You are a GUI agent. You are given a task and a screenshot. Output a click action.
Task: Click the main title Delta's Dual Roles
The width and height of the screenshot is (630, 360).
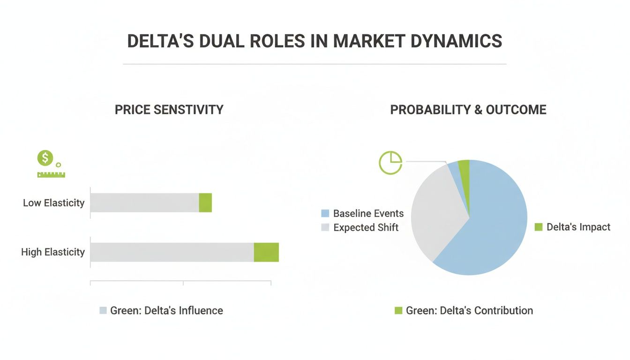[315, 41]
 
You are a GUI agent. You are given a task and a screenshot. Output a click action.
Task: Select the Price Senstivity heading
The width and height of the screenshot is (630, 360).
[169, 110]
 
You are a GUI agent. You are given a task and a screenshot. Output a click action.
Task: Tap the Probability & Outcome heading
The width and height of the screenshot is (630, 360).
[468, 110]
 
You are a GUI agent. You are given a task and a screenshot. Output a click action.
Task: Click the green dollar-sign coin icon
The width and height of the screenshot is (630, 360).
[45, 158]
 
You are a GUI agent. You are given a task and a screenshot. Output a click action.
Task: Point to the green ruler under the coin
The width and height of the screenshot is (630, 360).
[51, 175]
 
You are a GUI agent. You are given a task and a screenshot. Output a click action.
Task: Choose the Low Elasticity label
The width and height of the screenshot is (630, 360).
[53, 203]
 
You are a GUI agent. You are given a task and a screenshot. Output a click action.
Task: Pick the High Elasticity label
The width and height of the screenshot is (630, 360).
[52, 252]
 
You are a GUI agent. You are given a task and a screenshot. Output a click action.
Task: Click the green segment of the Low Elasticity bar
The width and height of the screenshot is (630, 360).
[205, 202]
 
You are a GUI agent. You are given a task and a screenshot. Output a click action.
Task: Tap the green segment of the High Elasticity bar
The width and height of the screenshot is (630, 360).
[266, 252]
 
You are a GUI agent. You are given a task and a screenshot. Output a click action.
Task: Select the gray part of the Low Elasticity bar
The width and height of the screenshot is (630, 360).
[144, 202]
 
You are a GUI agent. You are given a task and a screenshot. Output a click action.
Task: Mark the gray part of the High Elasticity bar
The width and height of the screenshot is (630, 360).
[172, 252]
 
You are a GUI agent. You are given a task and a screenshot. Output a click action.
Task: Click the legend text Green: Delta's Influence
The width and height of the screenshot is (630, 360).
[166, 310]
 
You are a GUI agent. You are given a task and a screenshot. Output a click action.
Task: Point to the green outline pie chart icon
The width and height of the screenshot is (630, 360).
[390, 163]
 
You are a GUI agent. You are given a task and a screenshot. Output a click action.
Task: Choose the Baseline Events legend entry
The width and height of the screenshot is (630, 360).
[368, 213]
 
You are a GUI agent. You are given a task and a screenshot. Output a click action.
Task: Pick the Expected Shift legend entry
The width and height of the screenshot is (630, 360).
[366, 228]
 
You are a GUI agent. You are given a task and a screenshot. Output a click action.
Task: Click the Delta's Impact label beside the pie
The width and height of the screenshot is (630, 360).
[578, 227]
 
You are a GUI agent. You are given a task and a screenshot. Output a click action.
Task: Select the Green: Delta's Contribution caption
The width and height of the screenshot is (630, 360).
[469, 310]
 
